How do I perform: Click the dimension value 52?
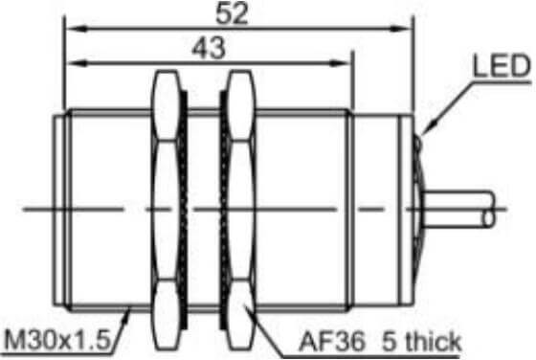(x=232, y=13)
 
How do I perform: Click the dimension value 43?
(x=209, y=48)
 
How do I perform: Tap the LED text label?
(x=502, y=66)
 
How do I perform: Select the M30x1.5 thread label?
(x=57, y=340)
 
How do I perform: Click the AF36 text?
(x=331, y=341)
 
